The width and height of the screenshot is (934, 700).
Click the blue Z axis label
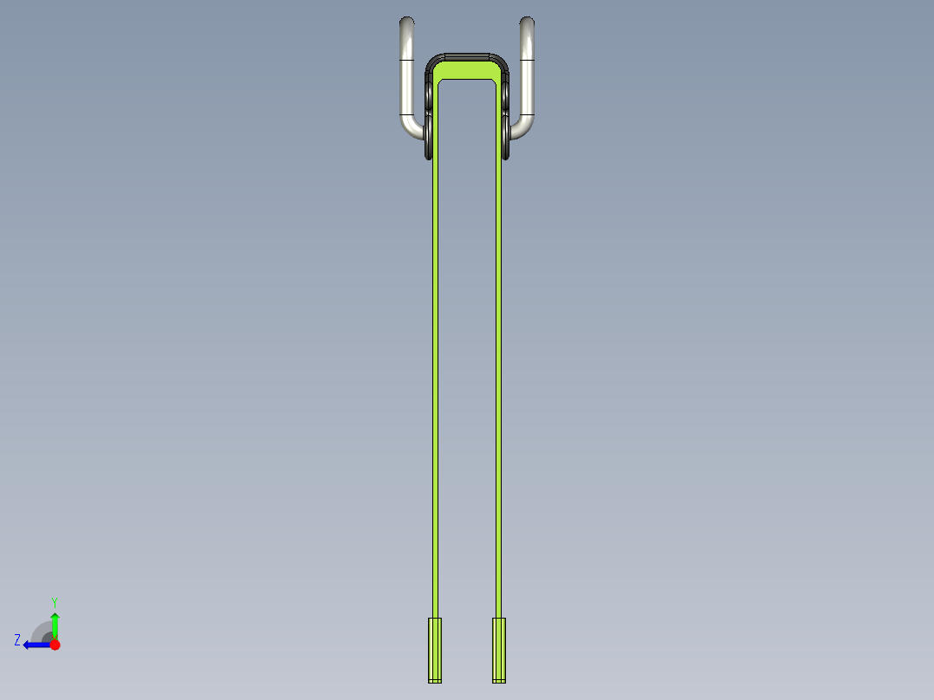point(17,640)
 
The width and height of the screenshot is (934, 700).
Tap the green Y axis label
point(55,602)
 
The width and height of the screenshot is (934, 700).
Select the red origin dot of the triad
point(55,645)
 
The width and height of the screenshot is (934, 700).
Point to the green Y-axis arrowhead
point(55,617)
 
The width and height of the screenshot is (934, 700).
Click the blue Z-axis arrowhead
point(28,645)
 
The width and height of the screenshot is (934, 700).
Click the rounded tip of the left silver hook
point(407,22)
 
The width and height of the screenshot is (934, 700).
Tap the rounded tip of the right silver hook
point(527,22)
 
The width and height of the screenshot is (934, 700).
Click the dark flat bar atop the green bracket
point(467,56)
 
